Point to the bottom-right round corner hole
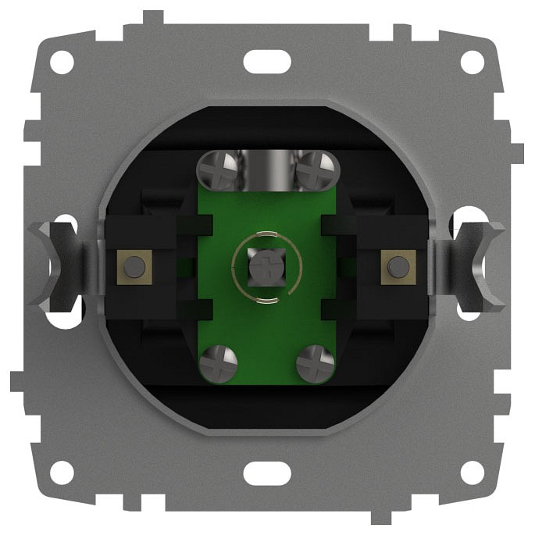472,473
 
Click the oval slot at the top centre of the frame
267,61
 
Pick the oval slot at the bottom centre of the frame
267,473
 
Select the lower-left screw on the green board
216,365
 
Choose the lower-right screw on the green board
316,365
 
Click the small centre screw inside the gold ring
266,266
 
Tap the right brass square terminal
398,266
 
